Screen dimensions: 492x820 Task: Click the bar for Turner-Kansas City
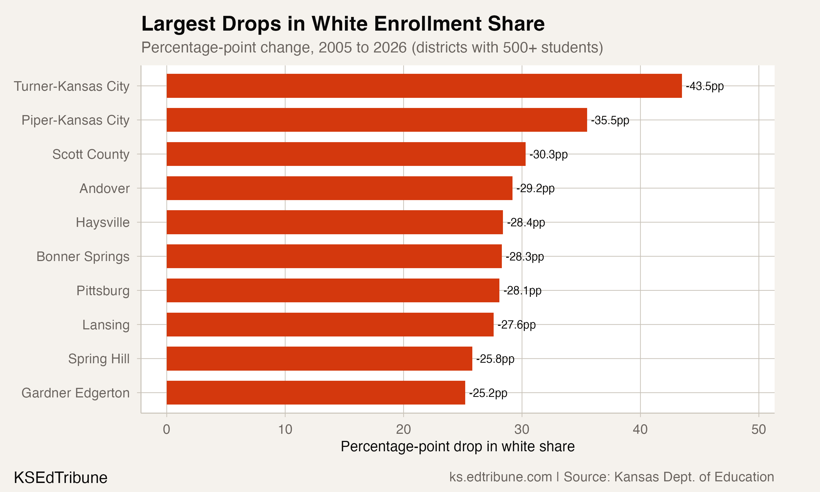pyautogui.click(x=424, y=86)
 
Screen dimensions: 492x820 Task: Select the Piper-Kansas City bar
pyautogui.click(x=377, y=120)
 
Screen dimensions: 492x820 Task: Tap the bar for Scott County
pyautogui.click(x=346, y=154)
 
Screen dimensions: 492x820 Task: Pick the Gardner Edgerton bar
pyautogui.click(x=315, y=393)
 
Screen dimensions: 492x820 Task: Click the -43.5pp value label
pyautogui.click(x=704, y=86)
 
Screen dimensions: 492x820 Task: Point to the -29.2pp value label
pyautogui.click(x=535, y=188)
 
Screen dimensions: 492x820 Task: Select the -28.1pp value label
pyautogui.click(x=522, y=291)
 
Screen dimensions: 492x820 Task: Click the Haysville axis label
pyautogui.click(x=102, y=222)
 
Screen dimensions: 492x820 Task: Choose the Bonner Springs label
pyautogui.click(x=83, y=257)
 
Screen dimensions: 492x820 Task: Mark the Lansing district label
pyautogui.click(x=106, y=325)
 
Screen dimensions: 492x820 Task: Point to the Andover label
pyautogui.click(x=104, y=188)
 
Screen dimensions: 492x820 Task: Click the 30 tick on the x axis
pyautogui.click(x=522, y=430)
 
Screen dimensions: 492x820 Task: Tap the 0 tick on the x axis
pyautogui.click(x=166, y=430)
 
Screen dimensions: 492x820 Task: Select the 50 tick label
pyautogui.click(x=758, y=430)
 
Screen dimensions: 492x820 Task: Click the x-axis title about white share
pyautogui.click(x=457, y=447)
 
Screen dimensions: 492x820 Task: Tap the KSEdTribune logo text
pyautogui.click(x=61, y=478)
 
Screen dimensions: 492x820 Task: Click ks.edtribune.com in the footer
pyautogui.click(x=500, y=477)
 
